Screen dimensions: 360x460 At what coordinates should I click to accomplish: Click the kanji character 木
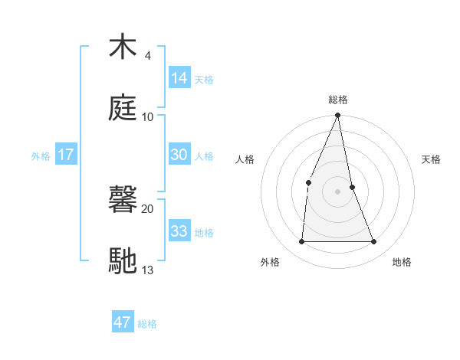point(123,47)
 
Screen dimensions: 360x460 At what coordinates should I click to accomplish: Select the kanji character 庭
point(123,109)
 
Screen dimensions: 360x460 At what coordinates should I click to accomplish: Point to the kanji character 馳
point(123,260)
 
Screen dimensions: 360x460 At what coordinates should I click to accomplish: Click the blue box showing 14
point(179,78)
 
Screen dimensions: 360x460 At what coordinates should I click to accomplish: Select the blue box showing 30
point(179,155)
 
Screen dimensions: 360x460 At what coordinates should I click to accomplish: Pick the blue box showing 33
point(179,231)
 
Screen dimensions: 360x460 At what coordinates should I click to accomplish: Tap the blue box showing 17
point(65,155)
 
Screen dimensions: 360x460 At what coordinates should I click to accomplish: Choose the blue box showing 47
point(123,322)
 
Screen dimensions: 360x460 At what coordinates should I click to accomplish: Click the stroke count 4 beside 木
point(147,56)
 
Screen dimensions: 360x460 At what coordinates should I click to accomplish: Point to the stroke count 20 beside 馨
point(148,208)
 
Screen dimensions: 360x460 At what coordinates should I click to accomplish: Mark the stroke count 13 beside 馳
point(148,270)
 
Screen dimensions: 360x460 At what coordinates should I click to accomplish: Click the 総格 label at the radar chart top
point(338,100)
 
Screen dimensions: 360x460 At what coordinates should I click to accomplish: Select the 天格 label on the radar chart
point(432,159)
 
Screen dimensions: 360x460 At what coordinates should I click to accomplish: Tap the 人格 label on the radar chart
point(245,159)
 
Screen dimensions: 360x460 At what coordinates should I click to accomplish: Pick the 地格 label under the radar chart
point(402,262)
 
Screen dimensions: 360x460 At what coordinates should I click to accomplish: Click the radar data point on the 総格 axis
point(338,116)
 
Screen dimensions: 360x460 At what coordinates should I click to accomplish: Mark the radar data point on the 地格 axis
point(374,242)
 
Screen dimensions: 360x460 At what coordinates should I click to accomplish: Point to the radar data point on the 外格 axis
point(301,242)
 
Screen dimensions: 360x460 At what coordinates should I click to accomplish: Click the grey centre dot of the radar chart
point(338,191)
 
